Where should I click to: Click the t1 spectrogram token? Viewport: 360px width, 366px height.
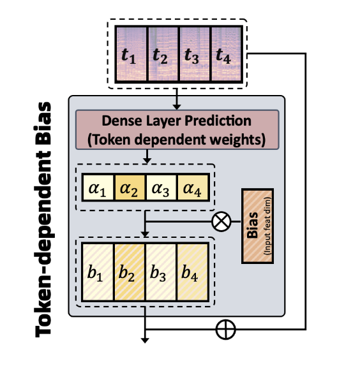click(x=131, y=54)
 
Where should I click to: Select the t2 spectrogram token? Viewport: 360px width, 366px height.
click(x=163, y=54)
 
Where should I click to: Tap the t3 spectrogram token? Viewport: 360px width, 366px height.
click(x=195, y=54)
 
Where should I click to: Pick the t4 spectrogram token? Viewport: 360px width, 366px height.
click(x=226, y=54)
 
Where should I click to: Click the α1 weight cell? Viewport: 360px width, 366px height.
click(x=98, y=187)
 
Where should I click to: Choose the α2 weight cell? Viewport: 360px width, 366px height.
click(x=130, y=187)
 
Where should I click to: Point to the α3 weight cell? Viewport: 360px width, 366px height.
click(x=161, y=187)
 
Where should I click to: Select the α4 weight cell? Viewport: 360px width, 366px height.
click(x=193, y=187)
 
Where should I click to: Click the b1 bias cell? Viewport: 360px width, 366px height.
click(x=98, y=272)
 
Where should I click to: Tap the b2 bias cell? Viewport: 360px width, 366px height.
click(x=130, y=272)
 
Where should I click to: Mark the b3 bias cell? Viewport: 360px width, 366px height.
click(x=161, y=272)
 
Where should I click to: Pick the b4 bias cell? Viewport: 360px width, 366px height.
click(x=193, y=272)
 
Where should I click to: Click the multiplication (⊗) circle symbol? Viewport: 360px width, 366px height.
click(x=221, y=221)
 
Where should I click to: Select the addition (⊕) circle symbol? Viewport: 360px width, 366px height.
click(x=225, y=330)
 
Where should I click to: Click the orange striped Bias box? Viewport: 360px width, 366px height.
click(x=257, y=226)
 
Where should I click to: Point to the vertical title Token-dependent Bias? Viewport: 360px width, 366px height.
click(x=43, y=219)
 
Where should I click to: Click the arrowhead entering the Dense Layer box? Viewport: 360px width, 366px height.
click(x=177, y=106)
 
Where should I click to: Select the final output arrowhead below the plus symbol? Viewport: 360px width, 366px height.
click(x=145, y=340)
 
